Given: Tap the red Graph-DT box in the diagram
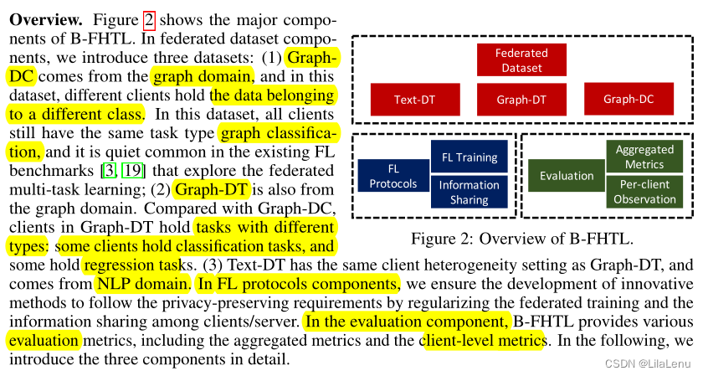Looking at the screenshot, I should (x=521, y=100).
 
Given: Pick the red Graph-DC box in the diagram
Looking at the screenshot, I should (x=628, y=99).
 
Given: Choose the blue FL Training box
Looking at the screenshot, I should (x=469, y=157).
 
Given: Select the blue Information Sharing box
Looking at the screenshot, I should (x=469, y=192).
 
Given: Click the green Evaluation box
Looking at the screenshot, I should (x=567, y=177).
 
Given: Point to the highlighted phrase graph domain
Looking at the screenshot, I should (x=188, y=76).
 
